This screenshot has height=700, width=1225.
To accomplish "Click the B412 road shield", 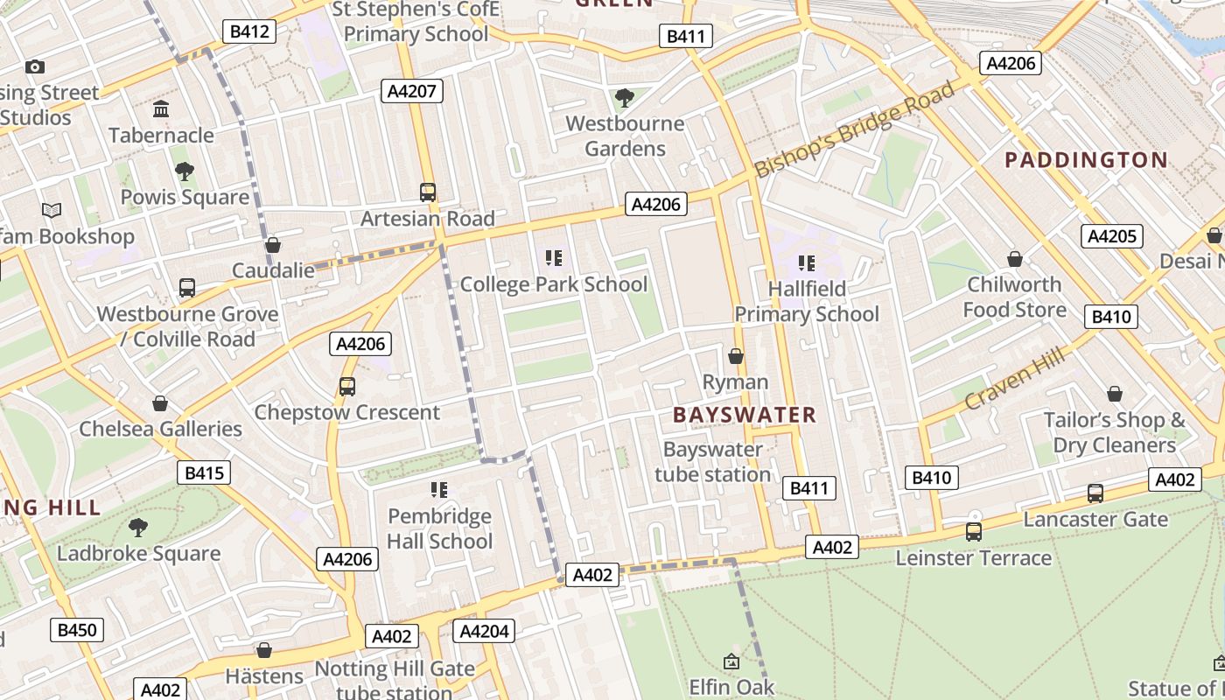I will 248,32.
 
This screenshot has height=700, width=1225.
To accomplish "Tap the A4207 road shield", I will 412,91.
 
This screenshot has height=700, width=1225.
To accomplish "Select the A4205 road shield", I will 1111,236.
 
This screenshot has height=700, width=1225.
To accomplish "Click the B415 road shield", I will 204,473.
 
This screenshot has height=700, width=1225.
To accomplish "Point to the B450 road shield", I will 77,630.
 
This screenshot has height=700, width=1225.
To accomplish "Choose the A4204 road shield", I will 484,631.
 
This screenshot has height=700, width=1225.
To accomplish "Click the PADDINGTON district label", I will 1085,160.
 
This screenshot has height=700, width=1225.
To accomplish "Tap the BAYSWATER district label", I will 745,416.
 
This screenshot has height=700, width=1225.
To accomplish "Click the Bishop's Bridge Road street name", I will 855,129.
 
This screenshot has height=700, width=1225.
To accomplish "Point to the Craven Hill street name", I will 1015,378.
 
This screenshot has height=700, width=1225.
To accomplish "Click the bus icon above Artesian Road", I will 428,192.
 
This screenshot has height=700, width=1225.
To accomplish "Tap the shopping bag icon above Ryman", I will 736,356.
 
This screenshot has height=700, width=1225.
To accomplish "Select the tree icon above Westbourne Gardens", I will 624,97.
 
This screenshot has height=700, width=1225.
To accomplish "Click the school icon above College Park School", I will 553,258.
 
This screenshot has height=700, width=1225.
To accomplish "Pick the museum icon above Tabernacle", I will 161,109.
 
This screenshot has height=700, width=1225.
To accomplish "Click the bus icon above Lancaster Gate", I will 1095,493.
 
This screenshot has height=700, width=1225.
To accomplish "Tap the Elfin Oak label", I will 731,687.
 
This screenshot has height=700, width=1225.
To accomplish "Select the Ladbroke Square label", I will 138,554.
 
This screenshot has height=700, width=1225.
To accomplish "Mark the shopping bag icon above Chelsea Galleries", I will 160,403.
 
